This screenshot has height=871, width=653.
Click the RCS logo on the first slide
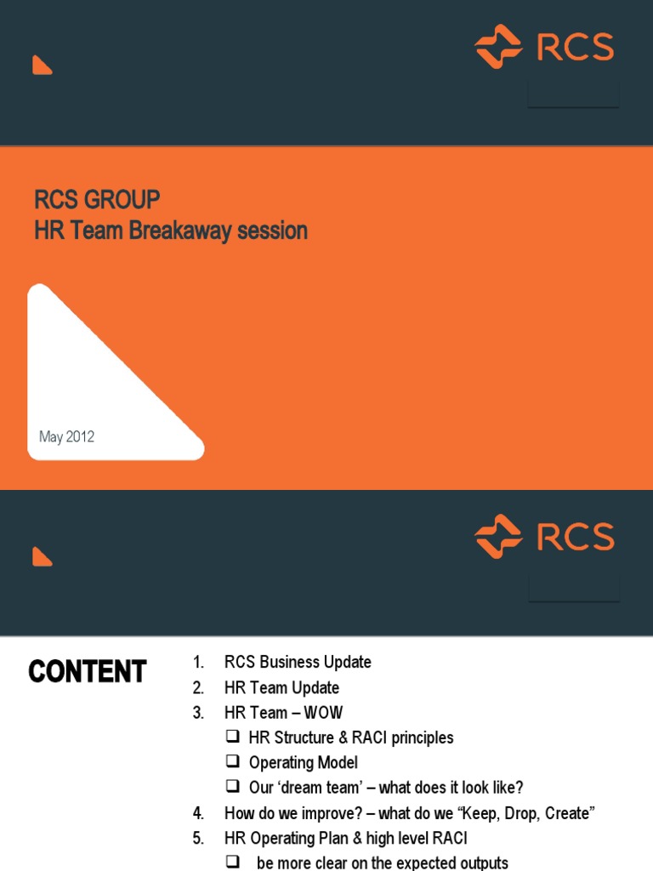pos(544,47)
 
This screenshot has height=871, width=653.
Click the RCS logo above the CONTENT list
pos(544,537)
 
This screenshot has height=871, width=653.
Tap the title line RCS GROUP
pos(97,200)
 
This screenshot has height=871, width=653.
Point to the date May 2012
pos(66,437)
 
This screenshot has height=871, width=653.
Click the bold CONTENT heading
pos(88,672)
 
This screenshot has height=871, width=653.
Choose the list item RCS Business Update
pos(298,662)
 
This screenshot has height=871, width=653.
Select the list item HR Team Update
pos(281,687)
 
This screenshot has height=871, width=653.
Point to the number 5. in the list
pos(198,839)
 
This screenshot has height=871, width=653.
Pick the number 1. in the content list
pos(199,662)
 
